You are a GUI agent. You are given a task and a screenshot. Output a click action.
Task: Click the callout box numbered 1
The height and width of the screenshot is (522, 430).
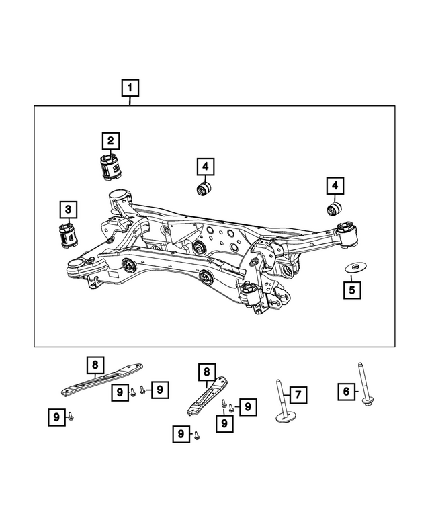click(130, 87)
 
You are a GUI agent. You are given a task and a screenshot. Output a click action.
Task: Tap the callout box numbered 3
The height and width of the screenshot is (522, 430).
click(67, 210)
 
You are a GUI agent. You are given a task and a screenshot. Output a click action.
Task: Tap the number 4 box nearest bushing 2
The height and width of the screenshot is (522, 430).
click(205, 165)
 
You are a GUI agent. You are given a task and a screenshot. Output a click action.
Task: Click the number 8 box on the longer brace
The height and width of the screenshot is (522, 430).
click(95, 365)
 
